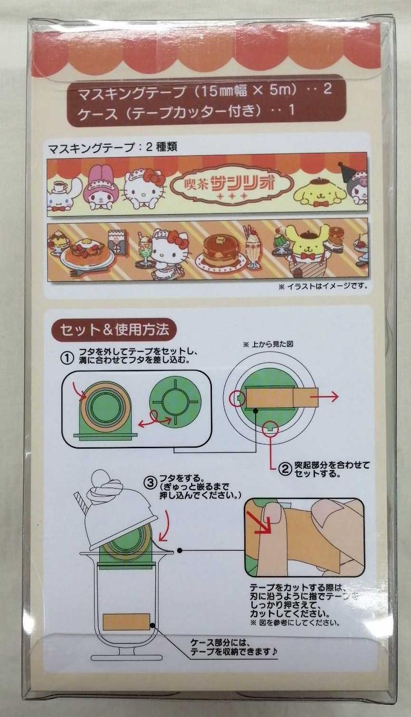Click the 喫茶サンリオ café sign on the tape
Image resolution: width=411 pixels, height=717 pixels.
(x=231, y=187)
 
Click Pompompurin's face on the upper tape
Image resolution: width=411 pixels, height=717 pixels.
(x=321, y=195)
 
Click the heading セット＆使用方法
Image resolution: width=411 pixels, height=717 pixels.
(x=114, y=330)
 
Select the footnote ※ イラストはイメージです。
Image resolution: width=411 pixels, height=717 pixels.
(x=323, y=286)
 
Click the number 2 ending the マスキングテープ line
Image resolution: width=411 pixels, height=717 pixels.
(x=327, y=89)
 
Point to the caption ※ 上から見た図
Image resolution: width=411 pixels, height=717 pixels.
(x=268, y=344)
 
